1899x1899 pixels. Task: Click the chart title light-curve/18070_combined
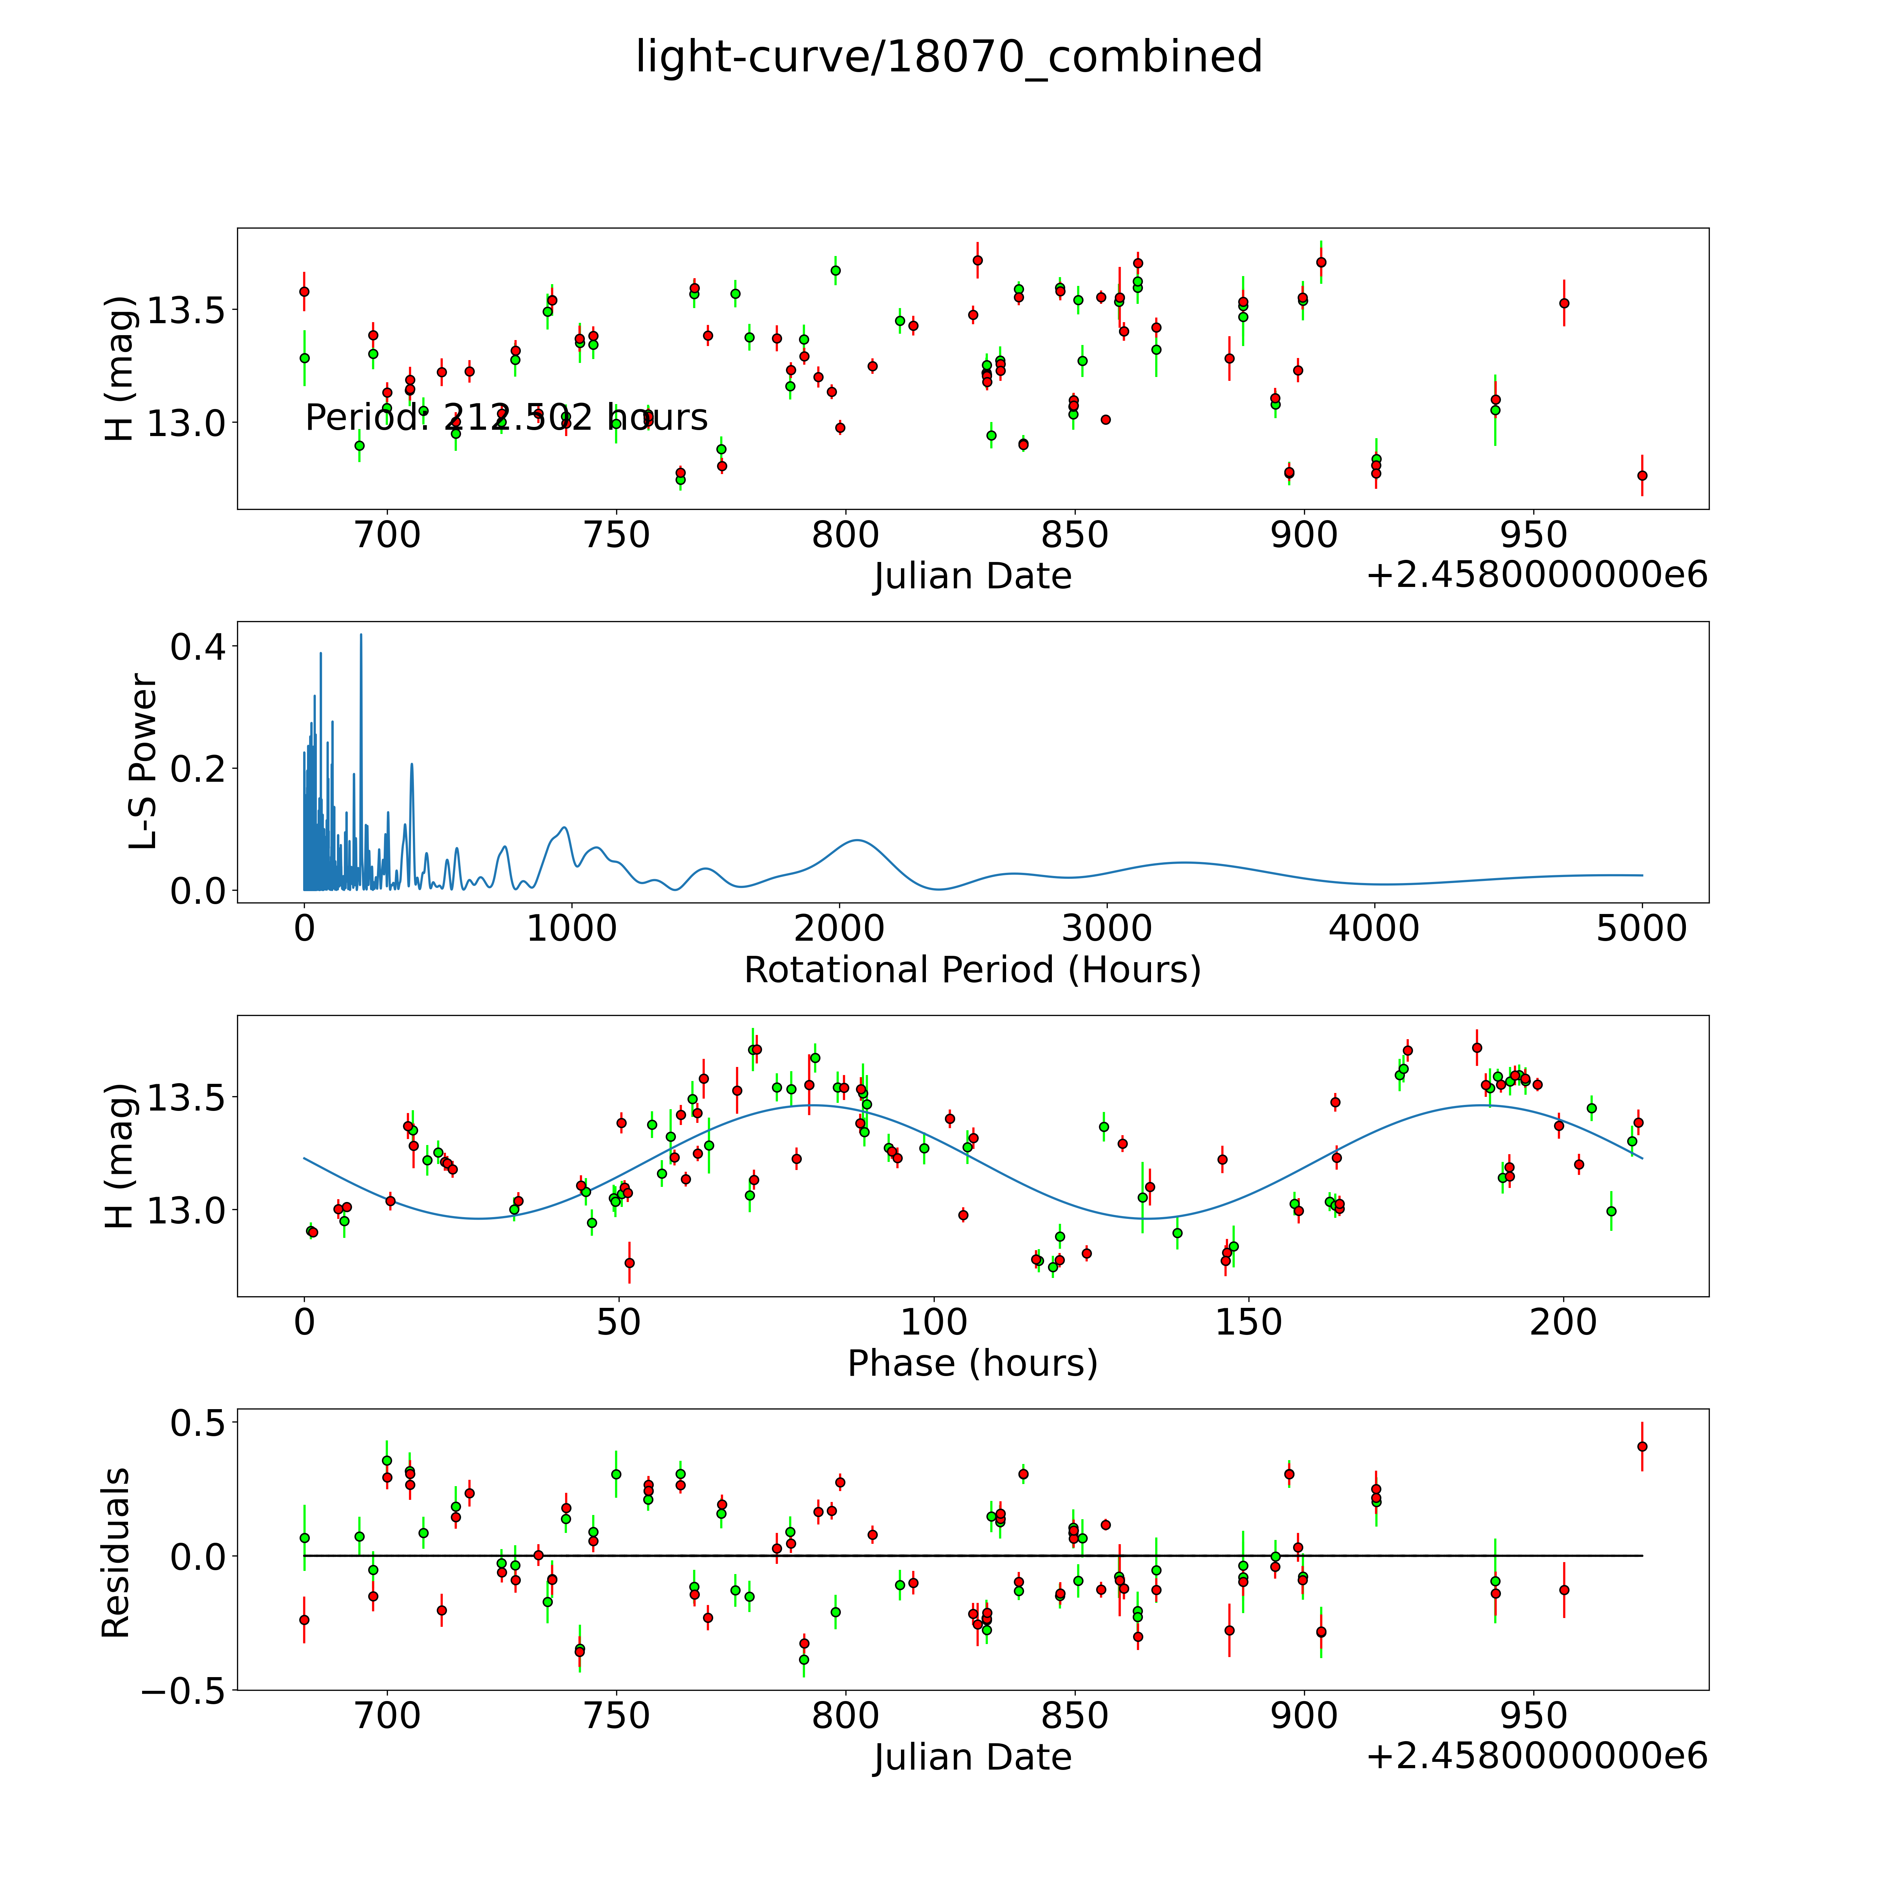[948, 57]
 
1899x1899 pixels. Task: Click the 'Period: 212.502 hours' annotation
[506, 418]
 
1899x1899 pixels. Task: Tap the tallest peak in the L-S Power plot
[361, 635]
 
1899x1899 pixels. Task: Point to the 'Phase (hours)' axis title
[972, 1363]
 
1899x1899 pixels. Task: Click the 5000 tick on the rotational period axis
[1642, 928]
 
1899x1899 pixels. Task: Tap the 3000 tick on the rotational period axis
[1107, 928]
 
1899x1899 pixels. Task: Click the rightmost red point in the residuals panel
[1642, 1446]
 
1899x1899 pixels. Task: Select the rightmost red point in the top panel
[1642, 476]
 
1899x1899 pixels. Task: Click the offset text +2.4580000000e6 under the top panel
[1536, 575]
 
